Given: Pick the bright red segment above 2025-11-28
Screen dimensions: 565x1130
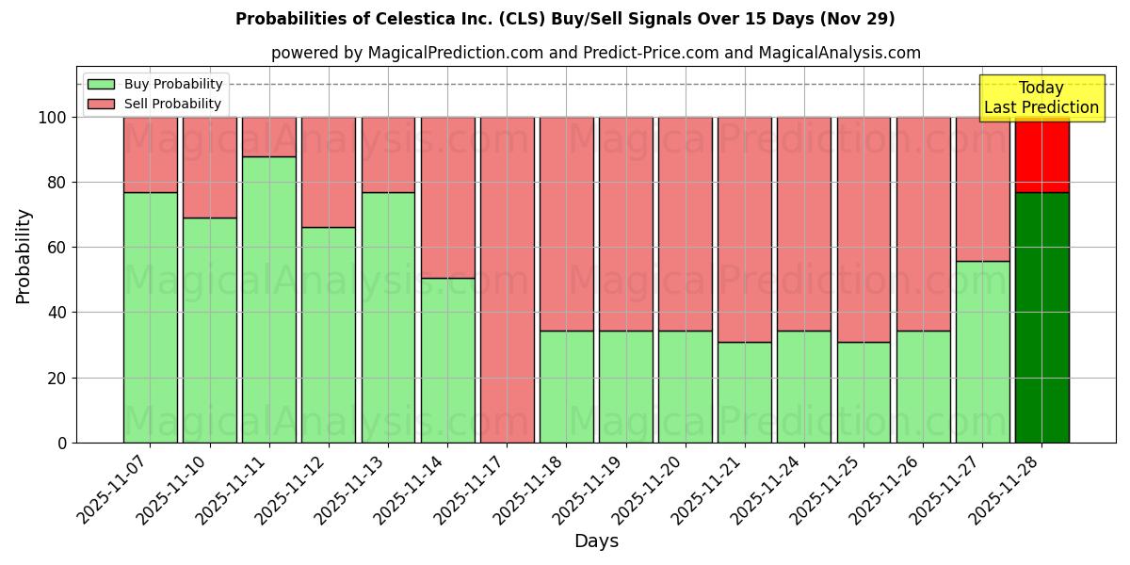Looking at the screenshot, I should click(x=1041, y=155).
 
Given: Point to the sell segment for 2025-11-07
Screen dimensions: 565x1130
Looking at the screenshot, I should click(x=150, y=154).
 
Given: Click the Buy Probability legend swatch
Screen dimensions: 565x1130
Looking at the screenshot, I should click(x=101, y=84).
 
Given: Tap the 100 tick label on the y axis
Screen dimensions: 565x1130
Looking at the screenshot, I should click(x=51, y=118).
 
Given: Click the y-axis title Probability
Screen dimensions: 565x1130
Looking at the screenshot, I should click(x=24, y=256).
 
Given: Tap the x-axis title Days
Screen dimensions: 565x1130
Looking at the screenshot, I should click(x=596, y=541).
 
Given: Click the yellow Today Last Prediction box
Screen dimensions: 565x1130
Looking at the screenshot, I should click(x=1041, y=98).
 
